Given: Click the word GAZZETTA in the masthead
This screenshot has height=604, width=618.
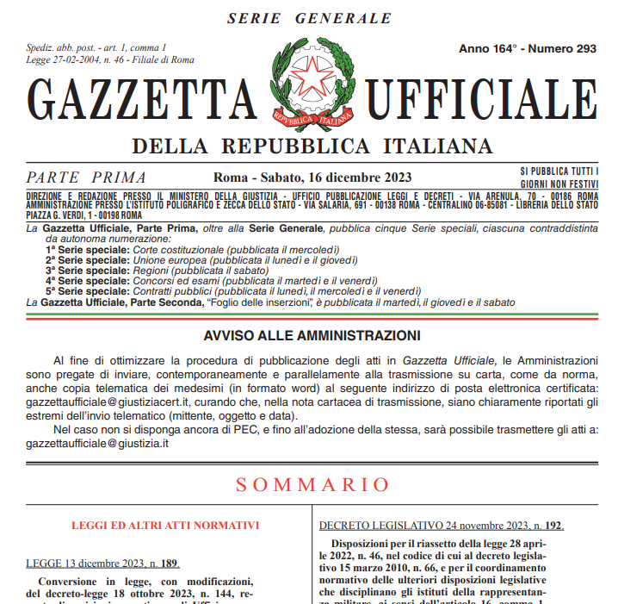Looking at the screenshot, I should point(143,103).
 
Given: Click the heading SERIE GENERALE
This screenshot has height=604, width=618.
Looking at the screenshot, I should point(309,18).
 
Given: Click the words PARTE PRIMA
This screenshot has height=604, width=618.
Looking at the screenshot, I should point(86,177).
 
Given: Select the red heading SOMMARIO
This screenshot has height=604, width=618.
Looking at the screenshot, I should point(309,484).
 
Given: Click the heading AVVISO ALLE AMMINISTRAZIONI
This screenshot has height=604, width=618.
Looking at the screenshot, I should point(312,335).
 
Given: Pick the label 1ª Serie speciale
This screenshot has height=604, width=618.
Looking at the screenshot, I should point(87,249).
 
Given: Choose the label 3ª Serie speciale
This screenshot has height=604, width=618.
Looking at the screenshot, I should point(87,270).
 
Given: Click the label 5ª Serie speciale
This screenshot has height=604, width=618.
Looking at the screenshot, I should point(87,291).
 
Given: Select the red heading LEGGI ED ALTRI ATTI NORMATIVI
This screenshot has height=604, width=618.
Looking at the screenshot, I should point(165,525).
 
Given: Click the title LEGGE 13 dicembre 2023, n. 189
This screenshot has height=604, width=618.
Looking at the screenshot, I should point(102,564).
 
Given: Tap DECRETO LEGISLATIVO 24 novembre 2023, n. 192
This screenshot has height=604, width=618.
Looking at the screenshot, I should point(441,525).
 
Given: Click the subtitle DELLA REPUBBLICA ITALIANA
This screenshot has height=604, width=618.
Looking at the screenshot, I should point(312,144).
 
